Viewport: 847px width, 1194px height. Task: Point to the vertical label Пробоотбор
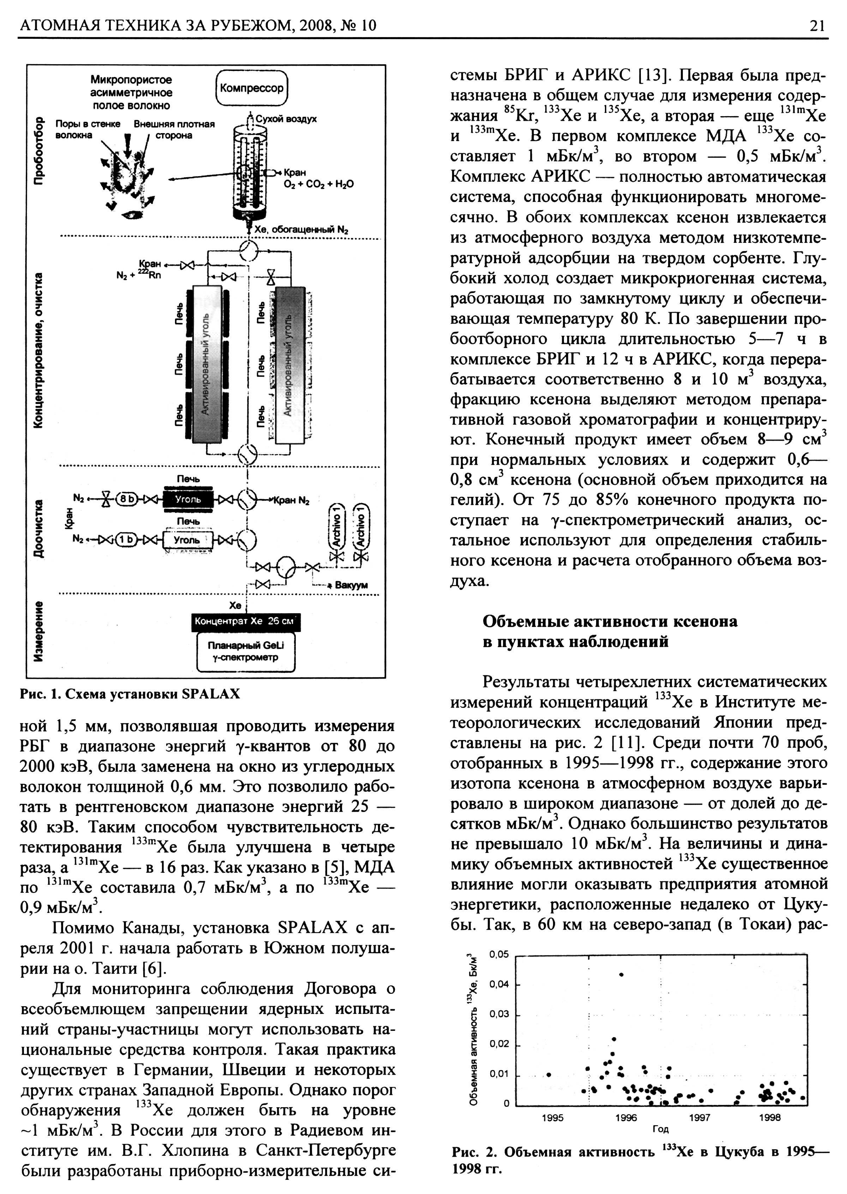pos(38,151)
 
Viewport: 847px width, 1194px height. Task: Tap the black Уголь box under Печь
pos(188,499)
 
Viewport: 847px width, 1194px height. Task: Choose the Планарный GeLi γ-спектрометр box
pos(246,651)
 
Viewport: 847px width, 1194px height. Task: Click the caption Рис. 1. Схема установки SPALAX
pos(130,694)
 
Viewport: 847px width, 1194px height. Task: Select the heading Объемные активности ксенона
pos(610,621)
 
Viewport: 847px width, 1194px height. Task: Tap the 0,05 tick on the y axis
pos(499,954)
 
